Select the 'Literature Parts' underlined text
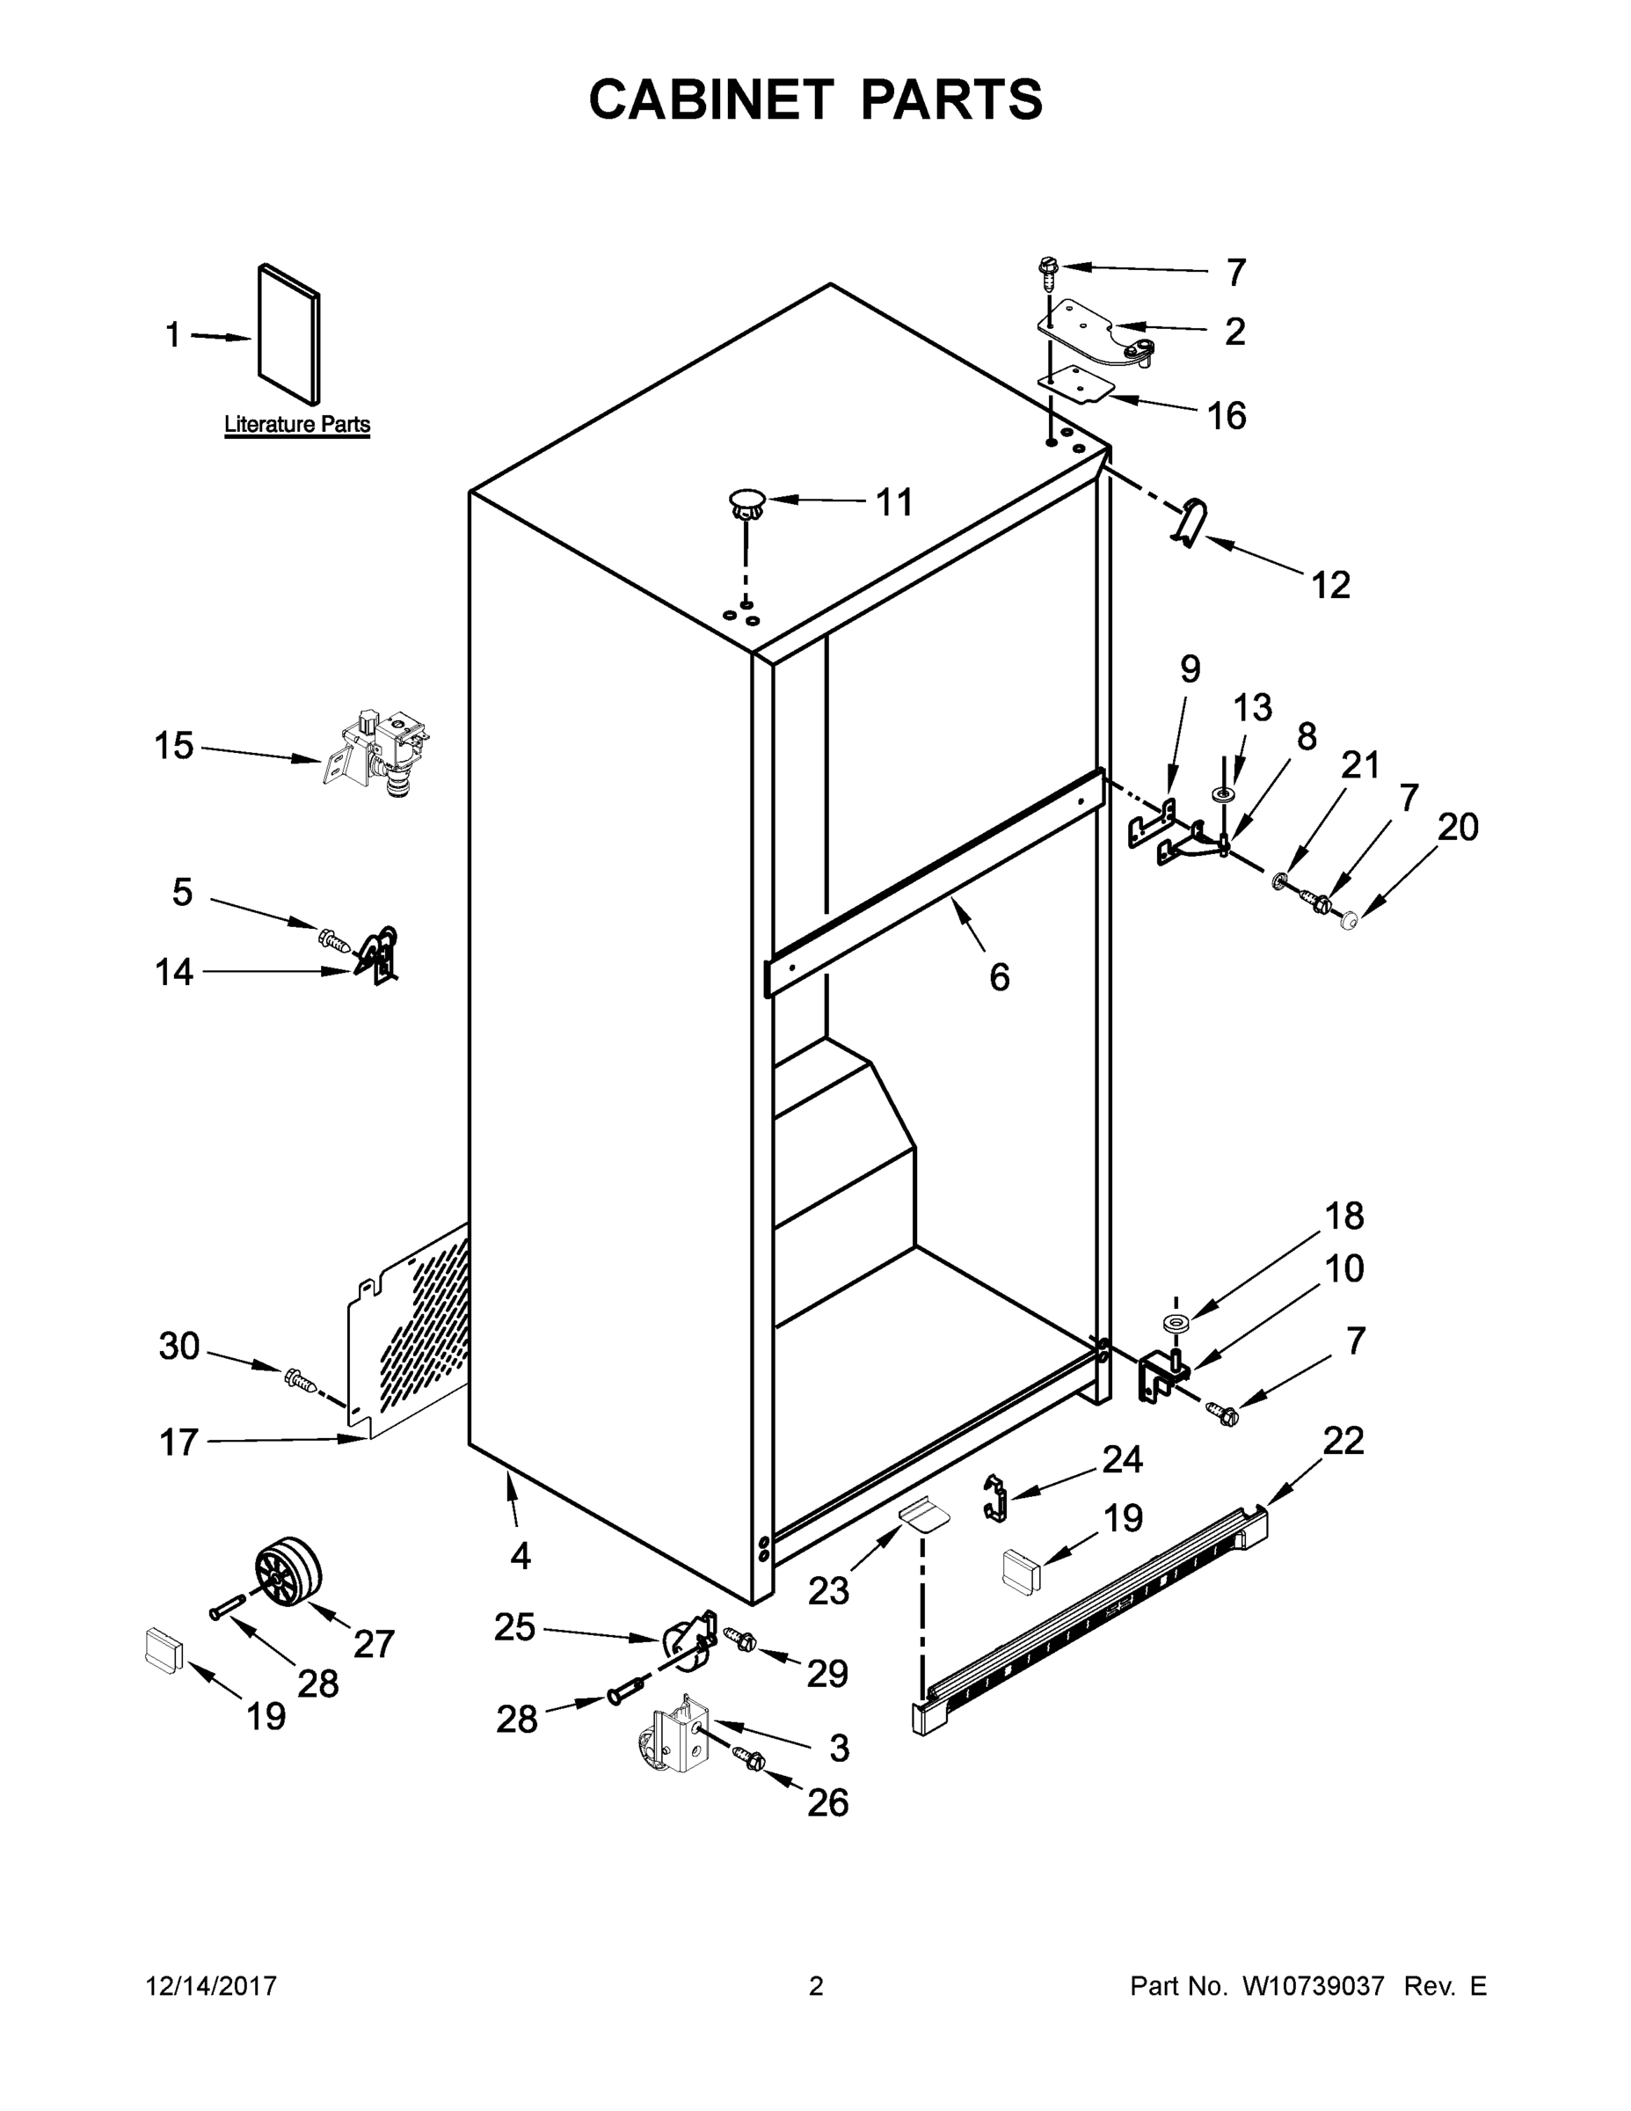coord(296,424)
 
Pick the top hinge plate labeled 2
coord(1092,332)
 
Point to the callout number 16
coord(1227,417)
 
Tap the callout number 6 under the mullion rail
coord(999,977)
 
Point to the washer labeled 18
coord(1177,1323)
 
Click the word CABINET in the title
coord(710,99)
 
